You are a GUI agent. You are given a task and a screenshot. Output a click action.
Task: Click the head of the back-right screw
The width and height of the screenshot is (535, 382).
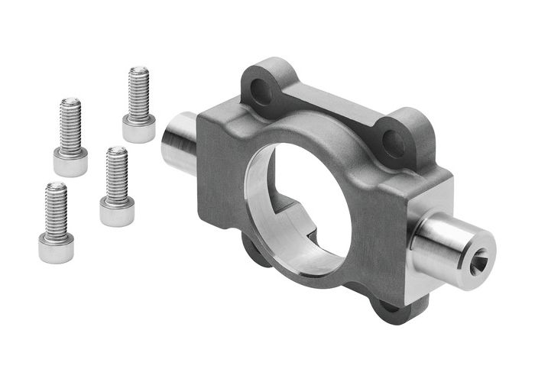tap(138, 130)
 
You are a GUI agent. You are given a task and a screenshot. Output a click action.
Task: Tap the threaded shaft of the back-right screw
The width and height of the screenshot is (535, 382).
tap(138, 93)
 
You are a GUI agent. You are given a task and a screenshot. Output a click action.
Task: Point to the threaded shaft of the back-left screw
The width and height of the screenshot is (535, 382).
tap(70, 124)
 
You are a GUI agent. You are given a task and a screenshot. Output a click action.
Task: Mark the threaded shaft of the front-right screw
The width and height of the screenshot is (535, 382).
tap(117, 173)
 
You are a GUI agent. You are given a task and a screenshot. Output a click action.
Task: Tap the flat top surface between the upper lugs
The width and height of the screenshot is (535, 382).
tap(329, 107)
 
